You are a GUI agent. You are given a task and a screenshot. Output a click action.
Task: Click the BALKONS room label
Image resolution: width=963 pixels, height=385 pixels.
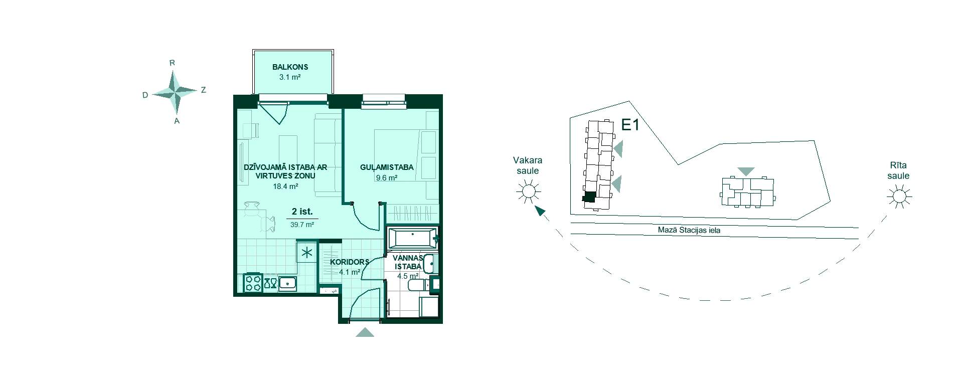[290, 67]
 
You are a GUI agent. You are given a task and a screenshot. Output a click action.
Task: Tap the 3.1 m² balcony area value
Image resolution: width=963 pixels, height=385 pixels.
[290, 77]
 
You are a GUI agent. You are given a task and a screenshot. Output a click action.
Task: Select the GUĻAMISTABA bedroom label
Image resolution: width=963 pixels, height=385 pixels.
[387, 167]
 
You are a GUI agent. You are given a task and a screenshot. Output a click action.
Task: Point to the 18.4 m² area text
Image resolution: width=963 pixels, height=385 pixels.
[285, 186]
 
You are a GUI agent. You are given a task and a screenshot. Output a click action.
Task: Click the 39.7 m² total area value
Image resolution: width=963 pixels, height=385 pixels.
[302, 225]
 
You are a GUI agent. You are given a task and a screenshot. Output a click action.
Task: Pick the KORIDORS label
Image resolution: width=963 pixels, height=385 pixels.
[350, 262]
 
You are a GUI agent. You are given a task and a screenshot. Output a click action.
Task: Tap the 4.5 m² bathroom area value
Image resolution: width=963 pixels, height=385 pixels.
[408, 276]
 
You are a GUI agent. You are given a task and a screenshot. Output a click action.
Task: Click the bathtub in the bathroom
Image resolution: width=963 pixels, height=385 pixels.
[412, 239]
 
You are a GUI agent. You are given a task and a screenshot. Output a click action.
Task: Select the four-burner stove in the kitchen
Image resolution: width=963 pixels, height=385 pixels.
[253, 283]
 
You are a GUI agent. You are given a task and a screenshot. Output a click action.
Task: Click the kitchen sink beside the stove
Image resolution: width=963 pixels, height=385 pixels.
[287, 283]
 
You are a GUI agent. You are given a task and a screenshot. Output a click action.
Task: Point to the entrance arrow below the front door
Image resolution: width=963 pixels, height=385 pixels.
[365, 332]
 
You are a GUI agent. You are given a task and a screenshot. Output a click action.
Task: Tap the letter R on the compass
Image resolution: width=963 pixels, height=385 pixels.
[172, 63]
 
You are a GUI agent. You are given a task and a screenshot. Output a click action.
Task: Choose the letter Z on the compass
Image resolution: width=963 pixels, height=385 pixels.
[203, 90]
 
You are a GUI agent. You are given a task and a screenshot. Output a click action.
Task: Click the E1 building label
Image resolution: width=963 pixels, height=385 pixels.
[630, 125]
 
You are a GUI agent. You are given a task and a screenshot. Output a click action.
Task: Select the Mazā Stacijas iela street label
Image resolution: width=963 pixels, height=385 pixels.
[689, 231]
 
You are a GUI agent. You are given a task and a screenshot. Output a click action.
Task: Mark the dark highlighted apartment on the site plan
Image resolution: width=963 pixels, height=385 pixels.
[589, 197]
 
